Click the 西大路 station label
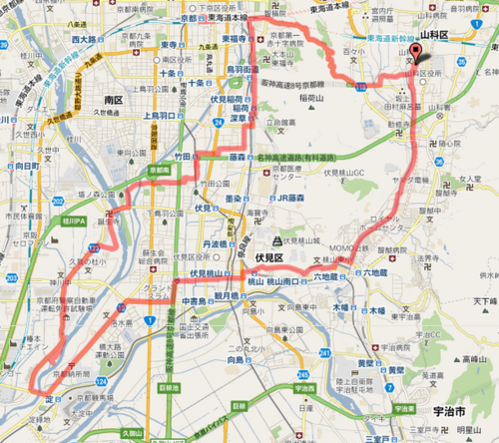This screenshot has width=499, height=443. tap(83, 38)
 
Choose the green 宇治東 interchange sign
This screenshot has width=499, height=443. tap(403, 409)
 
